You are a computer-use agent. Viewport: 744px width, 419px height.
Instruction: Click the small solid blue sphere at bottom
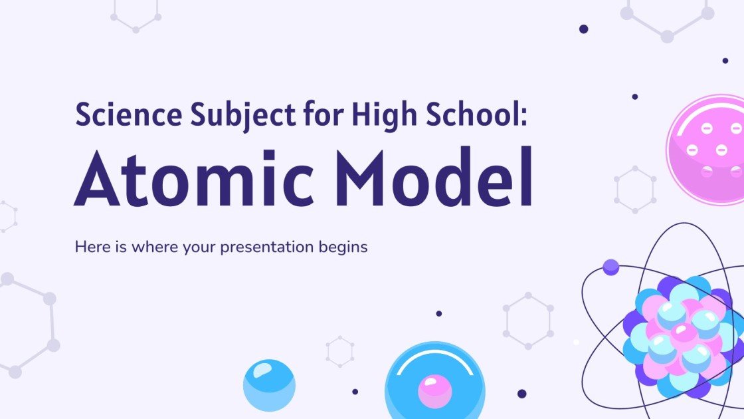pos(269,385)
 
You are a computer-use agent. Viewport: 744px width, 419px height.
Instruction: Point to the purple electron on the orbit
pos(610,267)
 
